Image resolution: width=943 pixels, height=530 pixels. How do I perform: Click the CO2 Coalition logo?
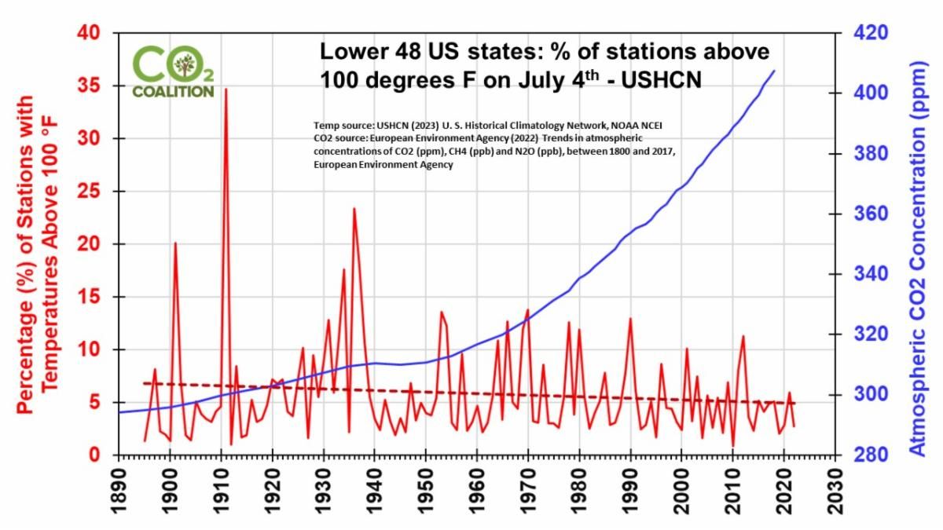click(x=173, y=71)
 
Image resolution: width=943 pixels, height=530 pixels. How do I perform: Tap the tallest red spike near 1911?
click(x=226, y=90)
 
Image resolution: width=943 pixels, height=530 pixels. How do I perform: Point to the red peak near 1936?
click(x=354, y=210)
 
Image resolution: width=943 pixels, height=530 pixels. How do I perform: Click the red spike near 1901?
click(x=175, y=243)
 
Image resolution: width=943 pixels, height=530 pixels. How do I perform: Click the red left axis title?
click(x=36, y=243)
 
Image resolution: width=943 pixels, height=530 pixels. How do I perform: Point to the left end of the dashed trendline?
click(x=144, y=383)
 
